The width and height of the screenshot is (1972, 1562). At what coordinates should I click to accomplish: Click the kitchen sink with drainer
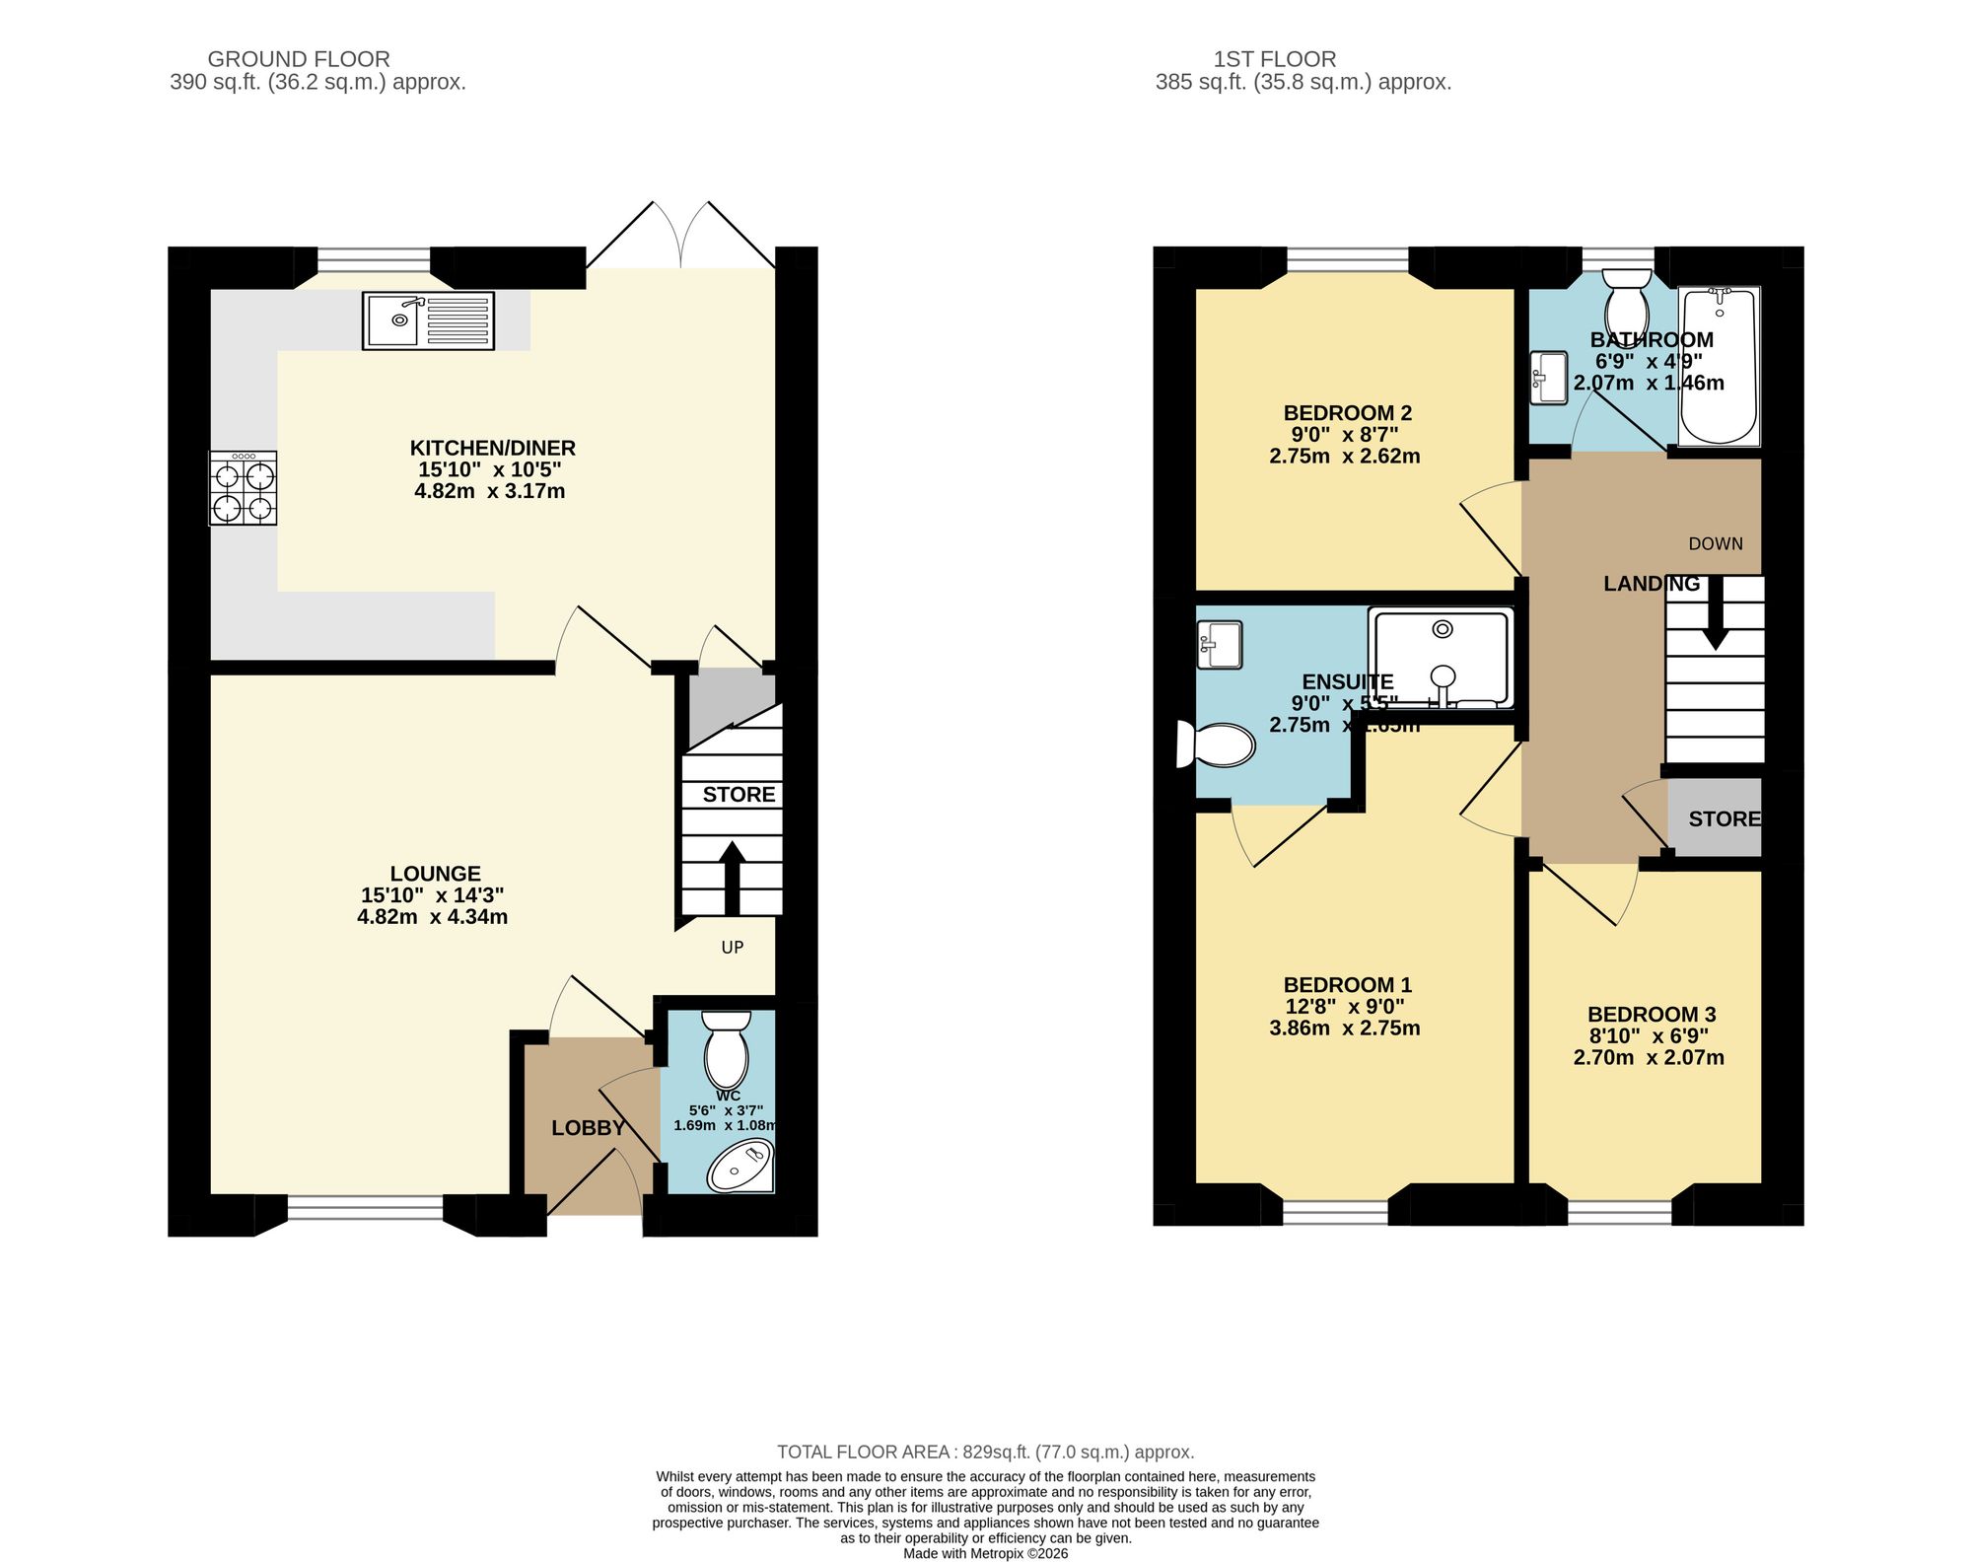428,320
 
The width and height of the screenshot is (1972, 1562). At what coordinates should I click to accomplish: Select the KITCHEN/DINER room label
492,448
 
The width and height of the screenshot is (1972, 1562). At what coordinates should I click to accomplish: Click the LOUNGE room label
435,874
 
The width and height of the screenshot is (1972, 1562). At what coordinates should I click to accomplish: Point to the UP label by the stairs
732,948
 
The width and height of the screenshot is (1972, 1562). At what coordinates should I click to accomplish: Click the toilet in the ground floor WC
727,1050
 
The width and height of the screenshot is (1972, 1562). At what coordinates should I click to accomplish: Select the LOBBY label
588,1128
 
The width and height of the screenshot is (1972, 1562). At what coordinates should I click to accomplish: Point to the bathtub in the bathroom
1719,367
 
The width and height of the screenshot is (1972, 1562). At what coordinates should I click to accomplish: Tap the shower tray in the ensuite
1441,658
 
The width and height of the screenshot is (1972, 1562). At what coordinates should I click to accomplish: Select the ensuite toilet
1219,745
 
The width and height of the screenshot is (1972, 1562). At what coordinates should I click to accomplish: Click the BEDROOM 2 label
1347,413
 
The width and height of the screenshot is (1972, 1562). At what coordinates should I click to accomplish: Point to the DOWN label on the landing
1715,544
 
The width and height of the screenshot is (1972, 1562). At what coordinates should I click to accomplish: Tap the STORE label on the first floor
1724,818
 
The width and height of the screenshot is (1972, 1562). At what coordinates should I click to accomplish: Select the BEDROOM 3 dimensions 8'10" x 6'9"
1648,1036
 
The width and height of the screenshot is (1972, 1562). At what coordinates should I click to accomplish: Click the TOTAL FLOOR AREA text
985,1452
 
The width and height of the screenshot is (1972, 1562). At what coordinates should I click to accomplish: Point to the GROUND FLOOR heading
299,59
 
